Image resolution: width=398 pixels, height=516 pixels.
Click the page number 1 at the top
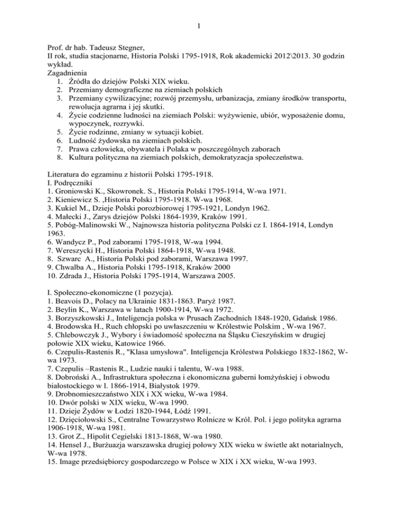[x=199, y=24]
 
